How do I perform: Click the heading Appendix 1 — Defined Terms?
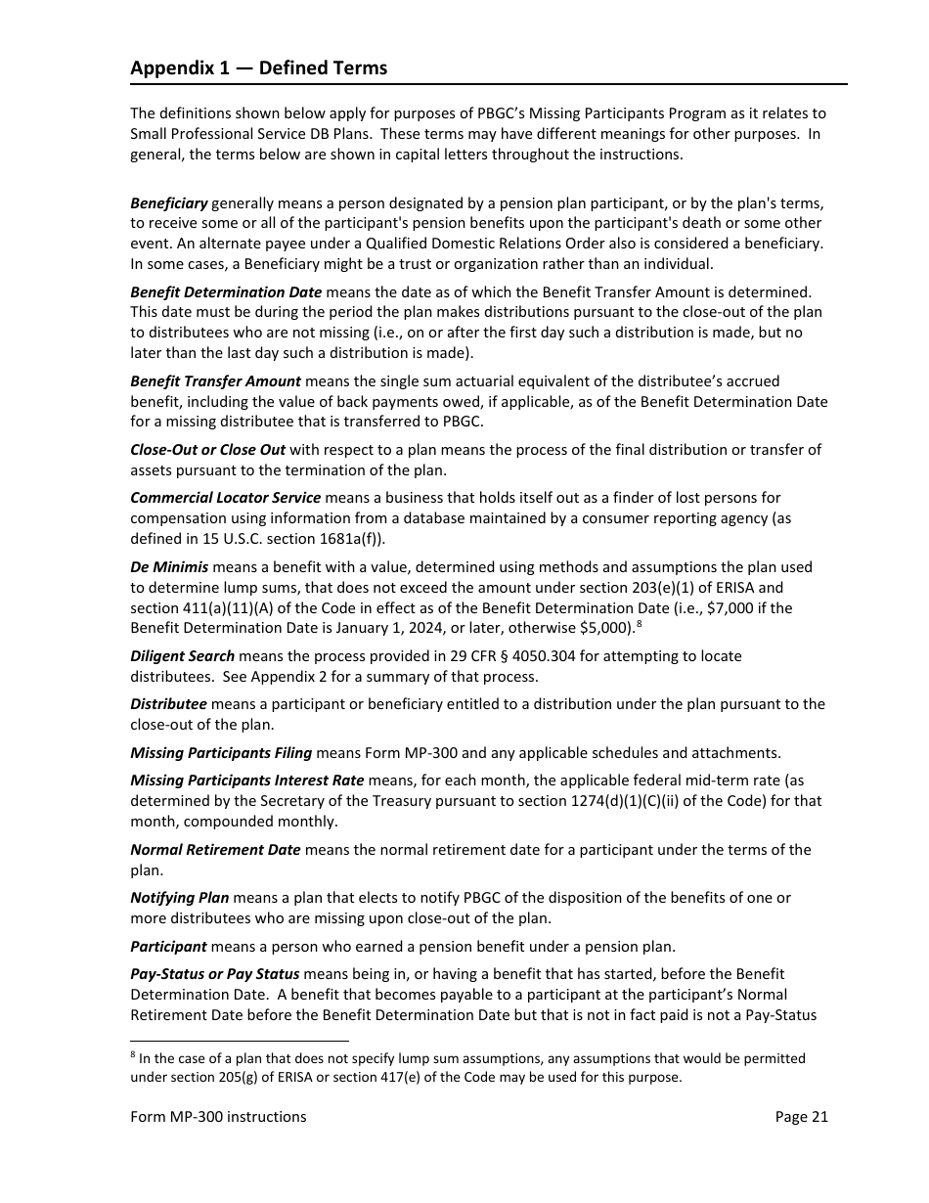[258, 67]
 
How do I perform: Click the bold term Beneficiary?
[168, 203]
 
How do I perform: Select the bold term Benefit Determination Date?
[226, 291]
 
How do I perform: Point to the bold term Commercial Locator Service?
[225, 498]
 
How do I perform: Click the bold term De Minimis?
[169, 567]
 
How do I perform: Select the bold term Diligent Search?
[182, 655]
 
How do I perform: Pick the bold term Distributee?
[168, 704]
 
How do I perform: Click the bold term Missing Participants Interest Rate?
[246, 780]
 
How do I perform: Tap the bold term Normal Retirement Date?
[215, 850]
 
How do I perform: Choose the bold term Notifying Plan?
[179, 898]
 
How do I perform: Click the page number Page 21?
[801, 1117]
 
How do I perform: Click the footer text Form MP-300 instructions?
[218, 1117]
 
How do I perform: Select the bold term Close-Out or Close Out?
[207, 450]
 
